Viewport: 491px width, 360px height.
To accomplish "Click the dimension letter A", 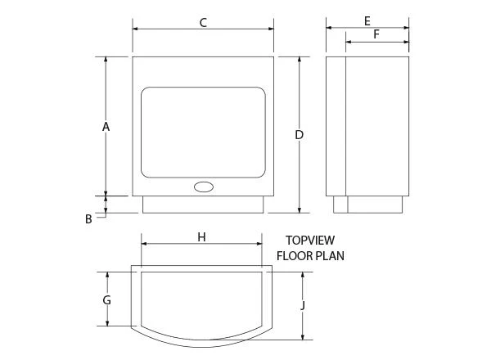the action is (106, 127).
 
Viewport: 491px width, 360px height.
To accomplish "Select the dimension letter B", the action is (88, 218).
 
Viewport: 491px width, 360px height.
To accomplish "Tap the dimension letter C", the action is (203, 23).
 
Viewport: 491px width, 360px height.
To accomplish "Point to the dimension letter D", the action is (300, 135).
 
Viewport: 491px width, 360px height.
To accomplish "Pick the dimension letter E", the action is (367, 21).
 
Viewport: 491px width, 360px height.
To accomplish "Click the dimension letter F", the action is (376, 34).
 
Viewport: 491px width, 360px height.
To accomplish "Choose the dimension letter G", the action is (106, 300).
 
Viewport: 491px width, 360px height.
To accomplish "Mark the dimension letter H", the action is (201, 237).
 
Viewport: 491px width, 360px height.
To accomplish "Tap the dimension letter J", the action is (303, 305).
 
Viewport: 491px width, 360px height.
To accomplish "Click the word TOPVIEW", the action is (310, 241).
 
